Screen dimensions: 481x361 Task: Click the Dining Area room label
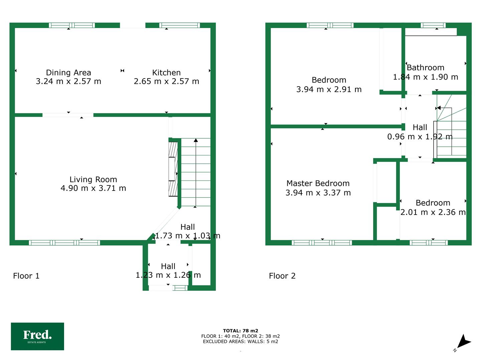coord(68,73)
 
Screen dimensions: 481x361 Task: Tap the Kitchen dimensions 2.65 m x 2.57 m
coord(166,81)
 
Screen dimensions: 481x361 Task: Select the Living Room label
coord(93,179)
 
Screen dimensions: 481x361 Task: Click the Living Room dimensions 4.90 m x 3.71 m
coord(93,188)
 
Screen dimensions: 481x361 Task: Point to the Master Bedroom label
coord(318,183)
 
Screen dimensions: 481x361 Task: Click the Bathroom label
coord(425,68)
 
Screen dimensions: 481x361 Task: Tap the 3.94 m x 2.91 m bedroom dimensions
coord(329,90)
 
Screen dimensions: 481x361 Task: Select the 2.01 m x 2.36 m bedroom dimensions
coord(433,212)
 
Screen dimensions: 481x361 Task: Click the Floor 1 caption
coord(26,276)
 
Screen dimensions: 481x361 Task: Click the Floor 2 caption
coord(282,276)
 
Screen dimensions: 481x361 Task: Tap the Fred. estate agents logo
coord(37,337)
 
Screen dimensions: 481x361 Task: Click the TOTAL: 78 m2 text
coord(240,331)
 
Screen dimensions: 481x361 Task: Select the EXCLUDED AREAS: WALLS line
coord(240,342)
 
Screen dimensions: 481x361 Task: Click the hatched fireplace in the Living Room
coord(173,169)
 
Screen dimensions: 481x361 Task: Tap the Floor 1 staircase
coord(196,172)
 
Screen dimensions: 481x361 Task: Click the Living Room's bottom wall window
coord(64,243)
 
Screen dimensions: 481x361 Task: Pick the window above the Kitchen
coord(179,25)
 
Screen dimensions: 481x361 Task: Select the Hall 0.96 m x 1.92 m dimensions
coord(420,137)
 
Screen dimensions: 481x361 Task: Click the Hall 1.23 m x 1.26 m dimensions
coord(168,275)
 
